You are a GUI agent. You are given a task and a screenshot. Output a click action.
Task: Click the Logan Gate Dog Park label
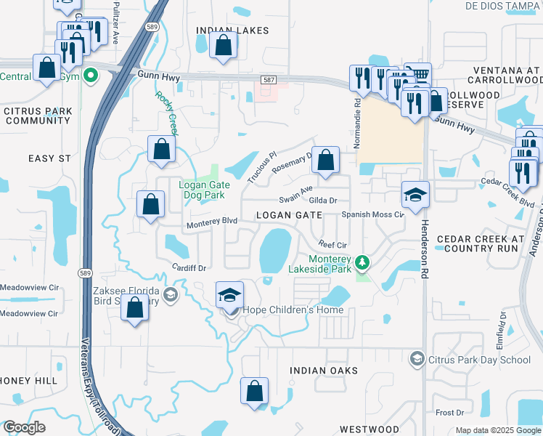click(x=204, y=190)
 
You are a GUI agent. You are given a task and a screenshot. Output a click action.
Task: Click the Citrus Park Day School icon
click(x=417, y=358)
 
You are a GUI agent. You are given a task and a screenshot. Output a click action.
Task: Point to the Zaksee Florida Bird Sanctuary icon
click(x=169, y=294)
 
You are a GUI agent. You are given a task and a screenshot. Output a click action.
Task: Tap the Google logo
click(x=25, y=427)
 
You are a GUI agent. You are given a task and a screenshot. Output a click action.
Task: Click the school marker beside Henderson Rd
click(x=415, y=195)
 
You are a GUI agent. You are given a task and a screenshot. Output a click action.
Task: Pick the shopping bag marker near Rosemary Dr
click(x=327, y=160)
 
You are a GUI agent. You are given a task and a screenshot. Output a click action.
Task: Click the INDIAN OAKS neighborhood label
click(x=324, y=371)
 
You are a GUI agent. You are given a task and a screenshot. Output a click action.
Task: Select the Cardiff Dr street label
click(x=189, y=267)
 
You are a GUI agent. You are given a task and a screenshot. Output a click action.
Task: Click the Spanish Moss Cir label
click(x=372, y=215)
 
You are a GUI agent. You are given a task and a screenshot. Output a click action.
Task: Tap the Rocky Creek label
click(x=167, y=108)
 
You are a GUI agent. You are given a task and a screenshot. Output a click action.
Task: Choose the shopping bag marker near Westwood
click(x=255, y=391)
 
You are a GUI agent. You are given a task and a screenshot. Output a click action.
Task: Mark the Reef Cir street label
click(x=332, y=246)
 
